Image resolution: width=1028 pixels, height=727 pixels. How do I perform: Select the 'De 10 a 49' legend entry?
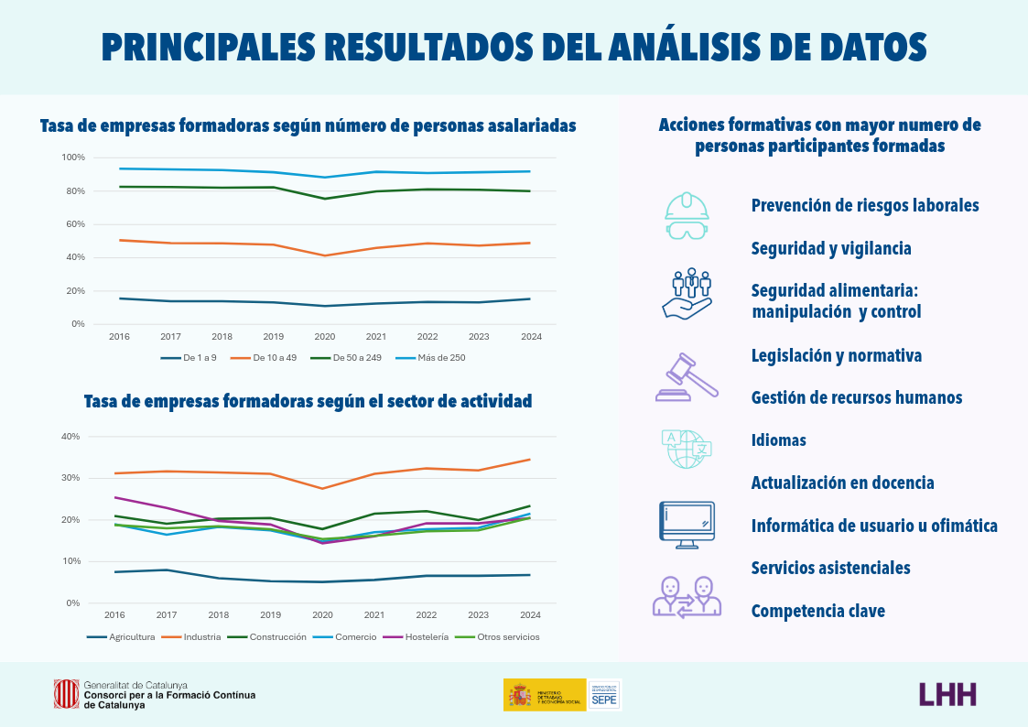(266, 358)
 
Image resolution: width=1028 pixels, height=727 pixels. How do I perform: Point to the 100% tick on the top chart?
(73, 157)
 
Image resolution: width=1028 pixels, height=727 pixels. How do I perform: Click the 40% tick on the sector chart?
(70, 436)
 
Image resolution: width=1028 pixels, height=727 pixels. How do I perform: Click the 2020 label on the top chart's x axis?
(325, 336)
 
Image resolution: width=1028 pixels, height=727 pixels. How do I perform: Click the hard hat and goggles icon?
(687, 216)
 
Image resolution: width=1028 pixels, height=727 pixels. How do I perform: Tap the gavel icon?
(686, 377)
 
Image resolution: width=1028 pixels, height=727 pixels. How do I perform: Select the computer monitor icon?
(687, 525)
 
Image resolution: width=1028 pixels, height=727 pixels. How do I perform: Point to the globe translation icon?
(686, 449)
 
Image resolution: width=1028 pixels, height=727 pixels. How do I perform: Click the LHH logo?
(947, 694)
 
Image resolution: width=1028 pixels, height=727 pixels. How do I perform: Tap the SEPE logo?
(604, 695)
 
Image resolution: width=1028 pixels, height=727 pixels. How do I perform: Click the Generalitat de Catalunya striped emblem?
(66, 694)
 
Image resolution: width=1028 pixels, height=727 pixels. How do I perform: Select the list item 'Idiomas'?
(778, 440)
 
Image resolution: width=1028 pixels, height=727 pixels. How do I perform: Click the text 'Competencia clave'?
(817, 611)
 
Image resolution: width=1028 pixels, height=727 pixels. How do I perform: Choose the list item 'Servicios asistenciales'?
(830, 568)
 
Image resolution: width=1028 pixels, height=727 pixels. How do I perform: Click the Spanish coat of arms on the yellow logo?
(520, 695)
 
